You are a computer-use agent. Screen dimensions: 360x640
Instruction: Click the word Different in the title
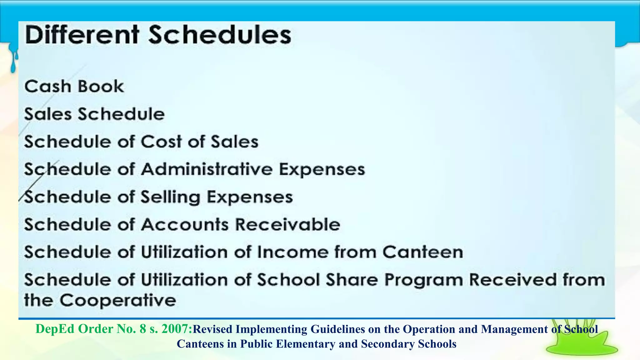[x=82, y=35]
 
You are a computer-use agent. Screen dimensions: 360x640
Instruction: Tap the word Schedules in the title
[x=220, y=35]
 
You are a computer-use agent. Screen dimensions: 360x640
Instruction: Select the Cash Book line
[x=74, y=86]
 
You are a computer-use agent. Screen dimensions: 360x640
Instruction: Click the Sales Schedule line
[x=94, y=114]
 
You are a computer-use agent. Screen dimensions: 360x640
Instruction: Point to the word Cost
[x=161, y=142]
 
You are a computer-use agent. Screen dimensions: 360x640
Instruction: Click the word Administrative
[x=207, y=169]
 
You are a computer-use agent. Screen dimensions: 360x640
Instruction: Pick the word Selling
[x=170, y=197]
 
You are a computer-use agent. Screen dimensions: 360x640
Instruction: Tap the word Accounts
[x=185, y=225]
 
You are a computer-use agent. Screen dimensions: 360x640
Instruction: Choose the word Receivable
[x=287, y=225]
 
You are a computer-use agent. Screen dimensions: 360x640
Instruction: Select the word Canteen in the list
[x=423, y=252]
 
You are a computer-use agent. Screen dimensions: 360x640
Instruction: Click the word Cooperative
[x=118, y=300]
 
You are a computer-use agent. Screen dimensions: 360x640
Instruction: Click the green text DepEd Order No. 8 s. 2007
[x=114, y=329]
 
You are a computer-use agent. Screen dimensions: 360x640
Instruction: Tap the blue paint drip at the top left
[x=13, y=59]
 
